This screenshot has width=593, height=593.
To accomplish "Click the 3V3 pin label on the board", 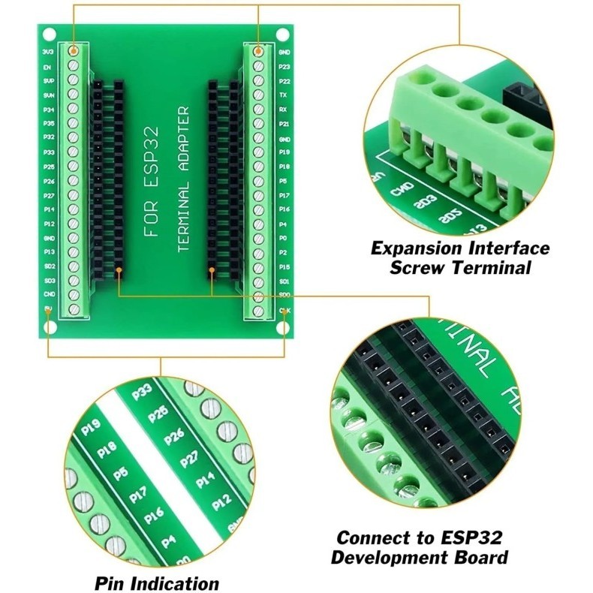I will [48, 53].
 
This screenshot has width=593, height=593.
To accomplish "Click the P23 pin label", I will [284, 67].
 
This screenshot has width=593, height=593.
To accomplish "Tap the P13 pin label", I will [48, 251].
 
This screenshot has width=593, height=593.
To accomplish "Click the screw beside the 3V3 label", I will [74, 52].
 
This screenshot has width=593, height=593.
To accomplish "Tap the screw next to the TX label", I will [257, 95].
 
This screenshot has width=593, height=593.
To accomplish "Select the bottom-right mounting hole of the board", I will [284, 329].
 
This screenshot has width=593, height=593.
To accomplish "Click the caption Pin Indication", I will [157, 582].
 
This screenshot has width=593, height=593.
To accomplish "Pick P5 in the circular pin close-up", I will [119, 474].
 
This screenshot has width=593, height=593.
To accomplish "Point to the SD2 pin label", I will [48, 266].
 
